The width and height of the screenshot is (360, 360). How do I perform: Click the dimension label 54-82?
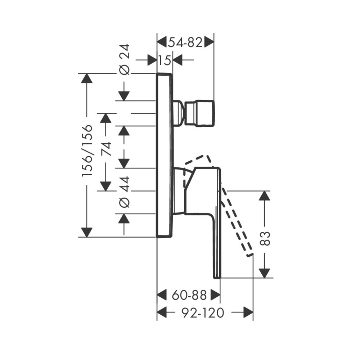pyautogui.click(x=185, y=42)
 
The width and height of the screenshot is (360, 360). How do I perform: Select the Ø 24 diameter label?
pyautogui.click(x=124, y=59)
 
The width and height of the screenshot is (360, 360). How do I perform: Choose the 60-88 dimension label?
pyautogui.click(x=189, y=295)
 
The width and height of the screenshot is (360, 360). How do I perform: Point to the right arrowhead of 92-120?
pyautogui.click(x=248, y=312)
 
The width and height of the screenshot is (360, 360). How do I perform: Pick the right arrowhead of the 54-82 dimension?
pyautogui.click(x=209, y=42)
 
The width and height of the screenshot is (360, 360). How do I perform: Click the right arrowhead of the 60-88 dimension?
pyautogui.click(x=215, y=295)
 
